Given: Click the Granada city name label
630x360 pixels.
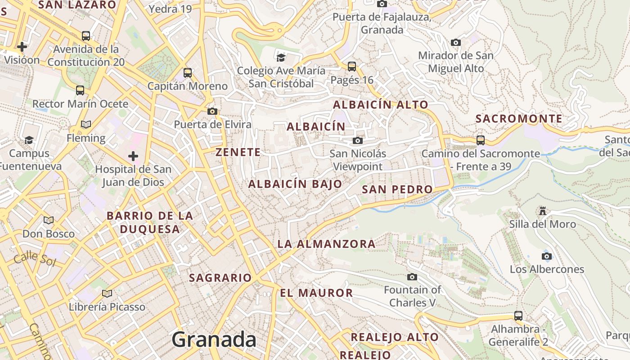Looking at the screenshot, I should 214,339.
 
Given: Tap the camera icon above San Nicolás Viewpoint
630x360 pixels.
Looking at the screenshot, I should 358,140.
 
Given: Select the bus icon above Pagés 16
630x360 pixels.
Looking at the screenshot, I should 352,67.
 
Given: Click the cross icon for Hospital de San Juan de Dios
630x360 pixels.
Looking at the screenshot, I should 133,156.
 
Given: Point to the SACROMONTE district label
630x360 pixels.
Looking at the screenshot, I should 519,119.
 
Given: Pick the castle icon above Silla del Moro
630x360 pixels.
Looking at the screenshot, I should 542,211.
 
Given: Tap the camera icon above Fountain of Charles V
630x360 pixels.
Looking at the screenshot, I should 412,277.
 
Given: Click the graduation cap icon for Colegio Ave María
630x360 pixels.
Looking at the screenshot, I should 281,57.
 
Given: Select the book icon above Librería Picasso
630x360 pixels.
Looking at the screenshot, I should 107,293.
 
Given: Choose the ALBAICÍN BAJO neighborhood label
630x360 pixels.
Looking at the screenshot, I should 295,184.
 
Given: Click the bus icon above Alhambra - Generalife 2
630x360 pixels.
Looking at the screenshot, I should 518,315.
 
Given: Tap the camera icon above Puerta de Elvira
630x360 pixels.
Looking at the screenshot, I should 212,111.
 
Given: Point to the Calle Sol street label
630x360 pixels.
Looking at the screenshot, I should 34,260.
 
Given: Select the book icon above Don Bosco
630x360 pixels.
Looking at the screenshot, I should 49,220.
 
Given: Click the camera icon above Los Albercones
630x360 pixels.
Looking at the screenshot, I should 547,256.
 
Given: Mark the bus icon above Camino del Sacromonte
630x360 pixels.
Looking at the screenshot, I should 481,140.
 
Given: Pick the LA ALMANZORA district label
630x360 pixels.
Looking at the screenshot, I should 326,244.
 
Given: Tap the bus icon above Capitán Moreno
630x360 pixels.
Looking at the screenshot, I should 188,72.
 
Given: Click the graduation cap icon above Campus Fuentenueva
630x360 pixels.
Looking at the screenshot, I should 29,140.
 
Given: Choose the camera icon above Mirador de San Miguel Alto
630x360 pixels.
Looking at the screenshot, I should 456,42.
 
